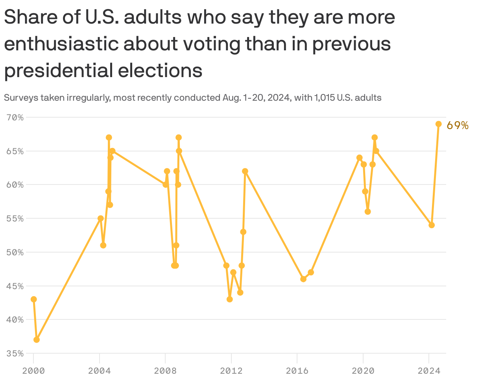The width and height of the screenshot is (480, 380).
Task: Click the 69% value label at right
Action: pos(458,125)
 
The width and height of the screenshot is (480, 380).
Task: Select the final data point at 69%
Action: pos(439,124)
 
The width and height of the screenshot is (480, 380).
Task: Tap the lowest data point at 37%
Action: pos(37,339)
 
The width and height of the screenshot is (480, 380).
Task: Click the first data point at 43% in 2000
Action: pos(34,299)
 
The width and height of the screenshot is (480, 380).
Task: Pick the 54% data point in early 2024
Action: pos(432,225)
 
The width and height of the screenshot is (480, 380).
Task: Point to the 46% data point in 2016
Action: pos(303,279)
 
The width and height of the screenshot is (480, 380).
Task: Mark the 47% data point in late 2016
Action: pos(311,272)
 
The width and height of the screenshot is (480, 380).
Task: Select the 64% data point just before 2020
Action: pos(359,158)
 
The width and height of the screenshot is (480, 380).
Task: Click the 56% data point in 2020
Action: pos(368,212)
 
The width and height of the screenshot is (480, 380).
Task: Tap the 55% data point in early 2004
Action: pos(101,218)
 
